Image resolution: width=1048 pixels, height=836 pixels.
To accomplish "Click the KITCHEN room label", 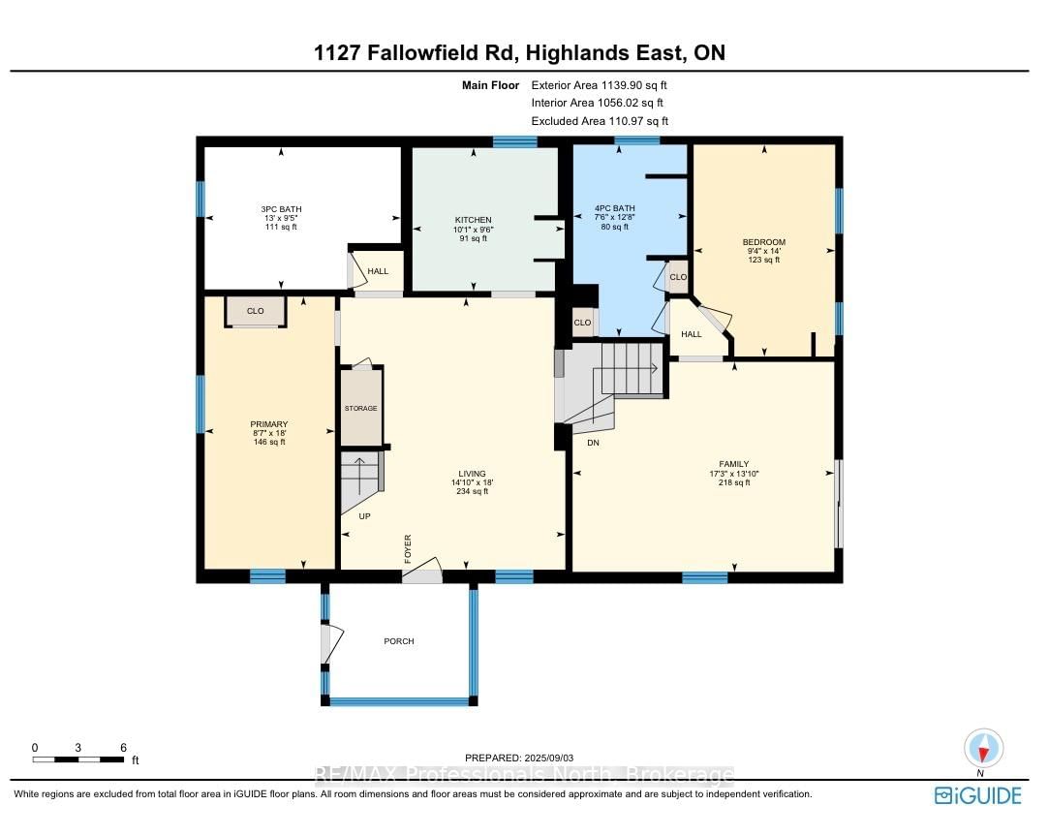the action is pos(474,220).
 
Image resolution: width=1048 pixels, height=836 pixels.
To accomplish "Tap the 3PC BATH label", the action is pos(282,209).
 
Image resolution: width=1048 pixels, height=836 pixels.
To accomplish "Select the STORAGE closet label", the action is pos(361,408).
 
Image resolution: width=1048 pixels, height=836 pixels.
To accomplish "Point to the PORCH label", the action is pos(399,641).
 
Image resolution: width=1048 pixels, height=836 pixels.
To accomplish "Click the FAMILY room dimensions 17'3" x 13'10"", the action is pos(734,474).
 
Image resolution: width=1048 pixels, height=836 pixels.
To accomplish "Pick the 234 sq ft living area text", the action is pos(473,491).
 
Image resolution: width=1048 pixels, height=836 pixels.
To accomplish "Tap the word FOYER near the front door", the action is pos(408,548).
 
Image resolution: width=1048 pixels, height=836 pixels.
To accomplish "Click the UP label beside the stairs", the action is pos(365,516).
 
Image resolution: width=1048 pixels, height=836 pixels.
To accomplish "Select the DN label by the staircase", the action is pos(593,443).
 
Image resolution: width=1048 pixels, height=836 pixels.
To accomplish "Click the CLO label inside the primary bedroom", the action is pos(256,311).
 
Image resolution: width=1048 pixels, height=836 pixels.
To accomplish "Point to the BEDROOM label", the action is pos(764,242).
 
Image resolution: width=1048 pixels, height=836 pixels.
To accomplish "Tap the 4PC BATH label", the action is pos(615,208).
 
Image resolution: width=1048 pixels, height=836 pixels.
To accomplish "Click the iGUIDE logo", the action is pos(978,795).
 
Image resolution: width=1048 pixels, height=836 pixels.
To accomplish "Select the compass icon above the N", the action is pos(983,748).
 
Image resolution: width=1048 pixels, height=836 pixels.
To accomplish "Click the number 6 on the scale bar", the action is pos(124,748).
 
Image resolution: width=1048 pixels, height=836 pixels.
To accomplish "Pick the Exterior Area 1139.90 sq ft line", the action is pos(599,85).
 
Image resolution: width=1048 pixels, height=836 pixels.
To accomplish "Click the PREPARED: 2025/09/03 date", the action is pos(519,758).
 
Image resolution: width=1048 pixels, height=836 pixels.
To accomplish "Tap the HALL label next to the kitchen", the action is pos(378,271).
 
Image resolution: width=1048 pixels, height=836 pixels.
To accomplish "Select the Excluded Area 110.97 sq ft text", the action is pos(600,121).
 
